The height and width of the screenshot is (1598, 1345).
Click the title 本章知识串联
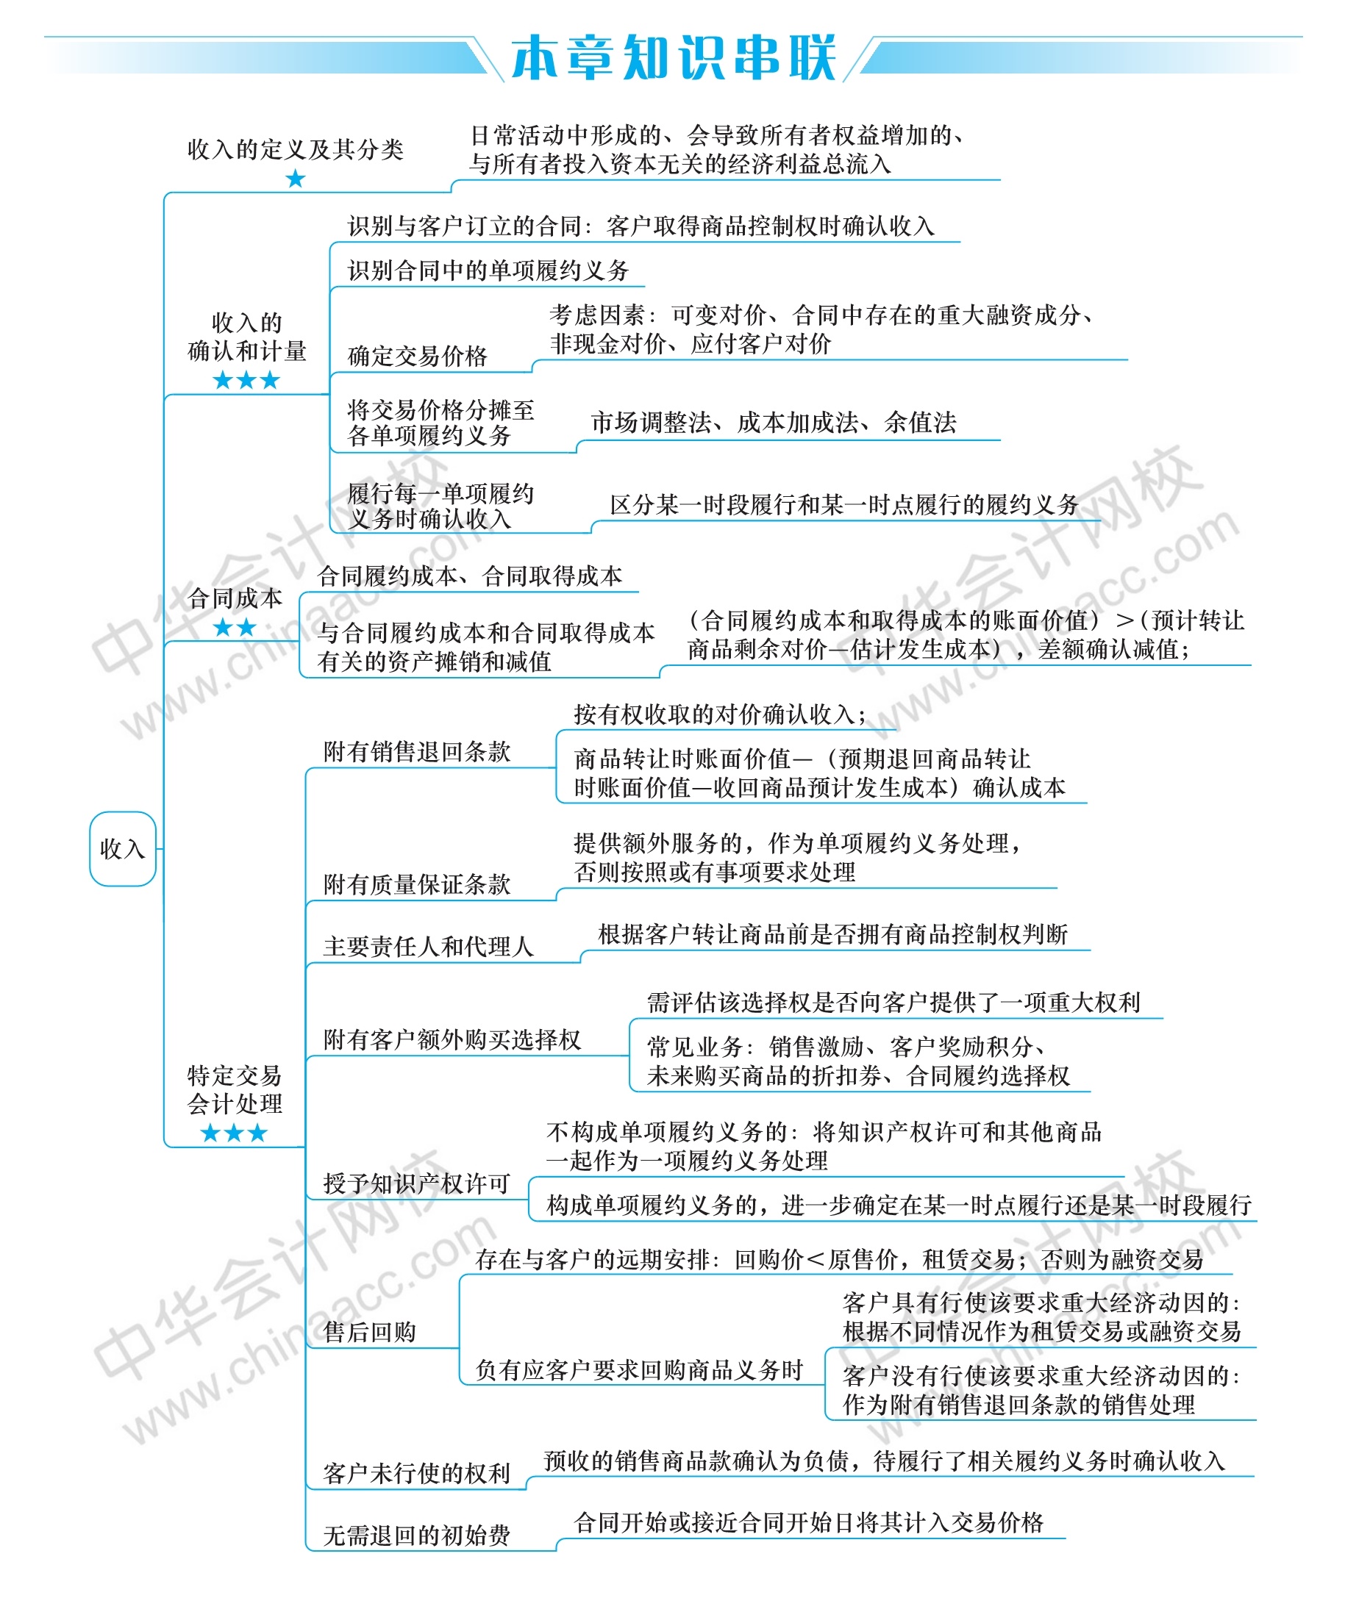[x=674, y=57]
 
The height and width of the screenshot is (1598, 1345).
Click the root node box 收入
[x=122, y=848]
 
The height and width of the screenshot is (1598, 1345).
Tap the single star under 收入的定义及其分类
[x=295, y=179]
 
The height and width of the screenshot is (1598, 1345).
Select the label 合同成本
[x=235, y=598]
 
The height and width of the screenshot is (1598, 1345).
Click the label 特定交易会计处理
[x=235, y=1090]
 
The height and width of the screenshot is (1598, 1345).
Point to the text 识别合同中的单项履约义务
[x=488, y=270]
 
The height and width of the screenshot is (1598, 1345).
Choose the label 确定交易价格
[x=417, y=356]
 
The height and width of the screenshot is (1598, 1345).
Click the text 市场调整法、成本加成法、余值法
[x=773, y=422]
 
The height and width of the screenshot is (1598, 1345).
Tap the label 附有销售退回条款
[x=417, y=751]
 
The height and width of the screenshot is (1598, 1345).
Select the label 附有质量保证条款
[x=417, y=884]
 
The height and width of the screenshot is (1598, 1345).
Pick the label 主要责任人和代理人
[x=429, y=947]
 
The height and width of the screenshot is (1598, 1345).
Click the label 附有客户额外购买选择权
[x=452, y=1039]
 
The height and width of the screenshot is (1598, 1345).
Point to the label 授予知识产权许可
[x=417, y=1183]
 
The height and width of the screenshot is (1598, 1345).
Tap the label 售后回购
[x=370, y=1332]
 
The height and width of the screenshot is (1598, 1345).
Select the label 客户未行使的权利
[x=417, y=1473]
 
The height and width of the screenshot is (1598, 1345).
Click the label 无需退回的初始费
[x=417, y=1536]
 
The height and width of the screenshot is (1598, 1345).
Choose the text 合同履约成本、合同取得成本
[x=470, y=576]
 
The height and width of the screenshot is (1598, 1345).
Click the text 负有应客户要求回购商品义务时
[x=640, y=1370]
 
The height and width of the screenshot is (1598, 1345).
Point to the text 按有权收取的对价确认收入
[x=720, y=714]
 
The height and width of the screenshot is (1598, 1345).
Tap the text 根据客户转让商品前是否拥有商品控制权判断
[x=832, y=934]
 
